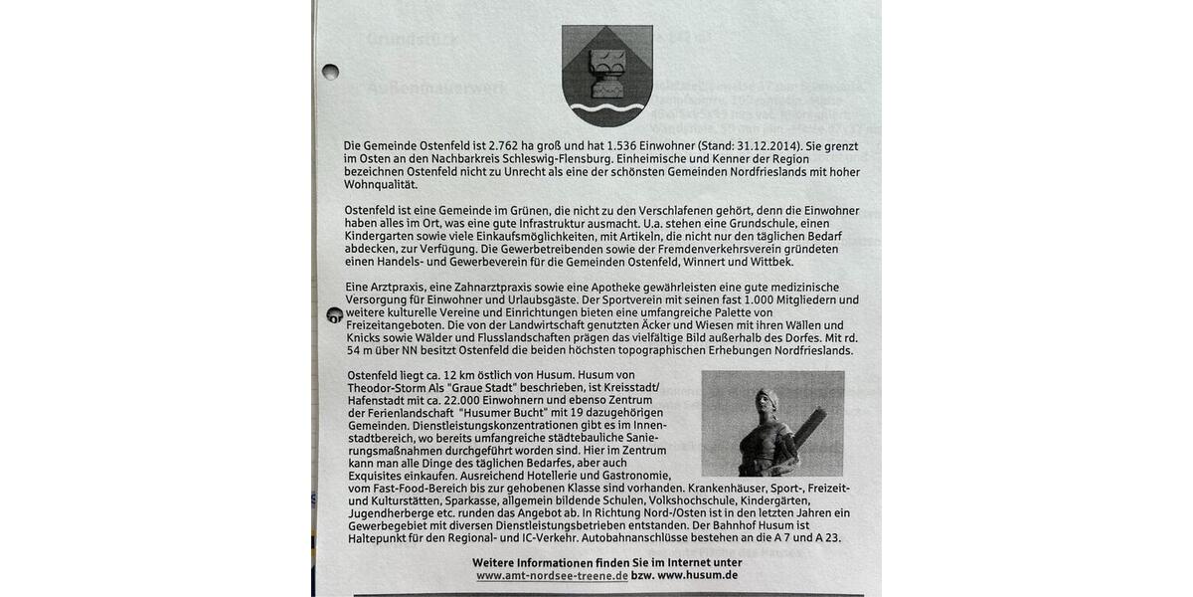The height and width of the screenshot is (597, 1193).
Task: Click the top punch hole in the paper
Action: click(330, 72)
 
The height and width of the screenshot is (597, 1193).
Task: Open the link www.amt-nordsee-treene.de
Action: click(552, 576)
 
